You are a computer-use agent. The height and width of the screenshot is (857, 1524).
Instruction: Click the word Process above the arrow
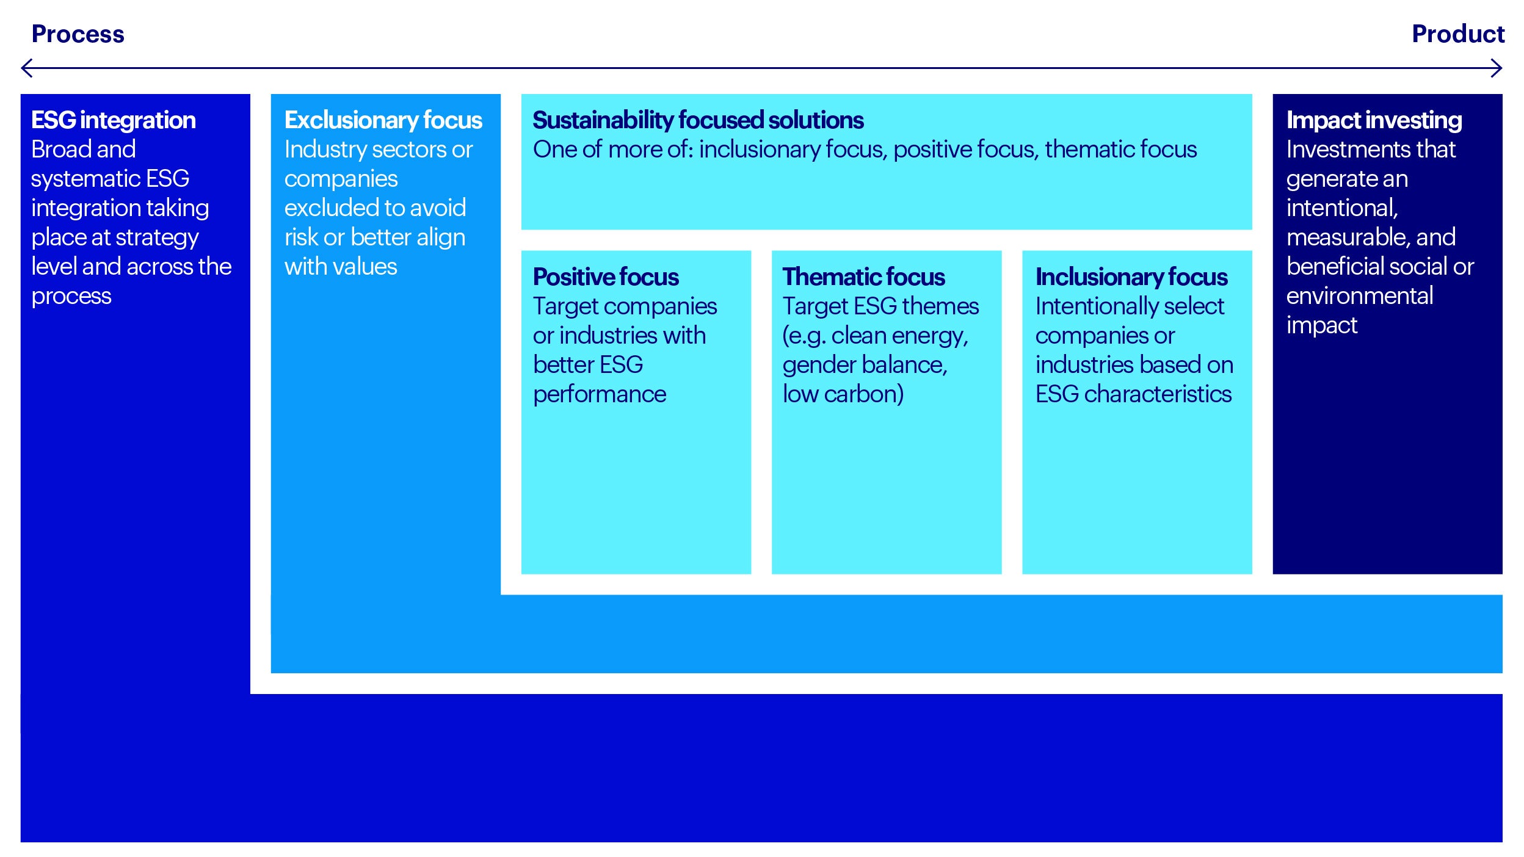pos(78,34)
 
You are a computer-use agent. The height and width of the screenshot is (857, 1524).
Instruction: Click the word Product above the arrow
pos(1458,34)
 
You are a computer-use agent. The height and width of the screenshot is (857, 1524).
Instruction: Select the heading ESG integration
pos(114,120)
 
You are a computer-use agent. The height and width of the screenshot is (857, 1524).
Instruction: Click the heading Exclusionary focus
pos(383,120)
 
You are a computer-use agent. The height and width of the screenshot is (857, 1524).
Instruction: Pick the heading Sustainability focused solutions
pos(698,120)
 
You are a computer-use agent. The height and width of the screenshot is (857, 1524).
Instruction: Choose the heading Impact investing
pos(1374,120)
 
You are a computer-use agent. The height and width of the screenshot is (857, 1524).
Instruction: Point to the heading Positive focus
pos(606,277)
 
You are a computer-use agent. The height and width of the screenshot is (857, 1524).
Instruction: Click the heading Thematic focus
pos(863,277)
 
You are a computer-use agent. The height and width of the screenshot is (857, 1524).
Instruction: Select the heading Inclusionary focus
pos(1131,277)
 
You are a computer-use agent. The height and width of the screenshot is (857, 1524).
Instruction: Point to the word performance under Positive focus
pos(600,395)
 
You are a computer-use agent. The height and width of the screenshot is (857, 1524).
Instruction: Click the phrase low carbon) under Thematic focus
pos(843,394)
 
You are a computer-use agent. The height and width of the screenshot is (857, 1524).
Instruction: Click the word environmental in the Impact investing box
pos(1360,296)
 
